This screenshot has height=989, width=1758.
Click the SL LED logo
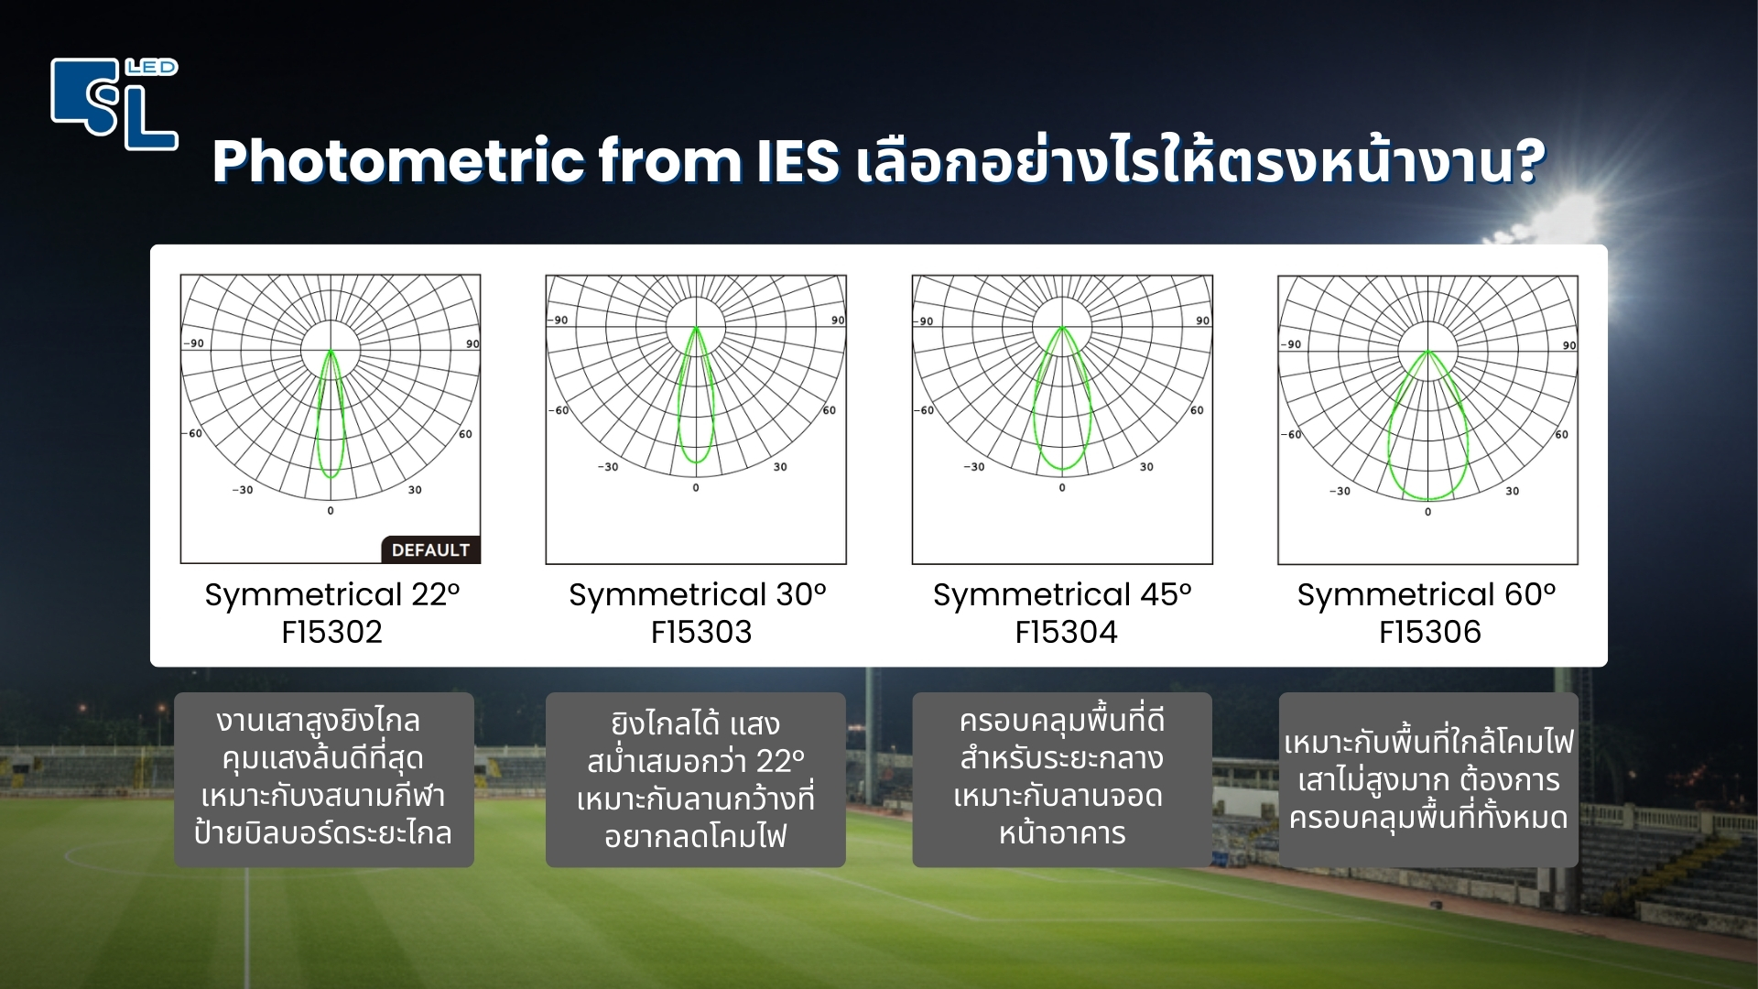[114, 103]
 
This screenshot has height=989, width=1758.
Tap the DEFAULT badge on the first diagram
[430, 549]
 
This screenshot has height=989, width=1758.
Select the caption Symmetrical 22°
[331, 595]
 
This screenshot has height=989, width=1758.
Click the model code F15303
[700, 632]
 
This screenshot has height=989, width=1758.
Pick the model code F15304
[1066, 632]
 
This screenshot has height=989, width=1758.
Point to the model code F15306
[1429, 632]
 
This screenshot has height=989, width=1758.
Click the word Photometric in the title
[397, 162]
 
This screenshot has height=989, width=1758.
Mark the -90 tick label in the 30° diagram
[559, 321]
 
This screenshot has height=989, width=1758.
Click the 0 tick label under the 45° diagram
[1062, 488]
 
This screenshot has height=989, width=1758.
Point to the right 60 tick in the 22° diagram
[465, 434]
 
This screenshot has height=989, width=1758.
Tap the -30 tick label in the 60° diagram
[1340, 492]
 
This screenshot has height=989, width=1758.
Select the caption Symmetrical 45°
[1062, 595]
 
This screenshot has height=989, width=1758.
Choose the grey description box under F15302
[324, 778]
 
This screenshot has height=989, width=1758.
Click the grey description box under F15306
[1427, 778]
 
